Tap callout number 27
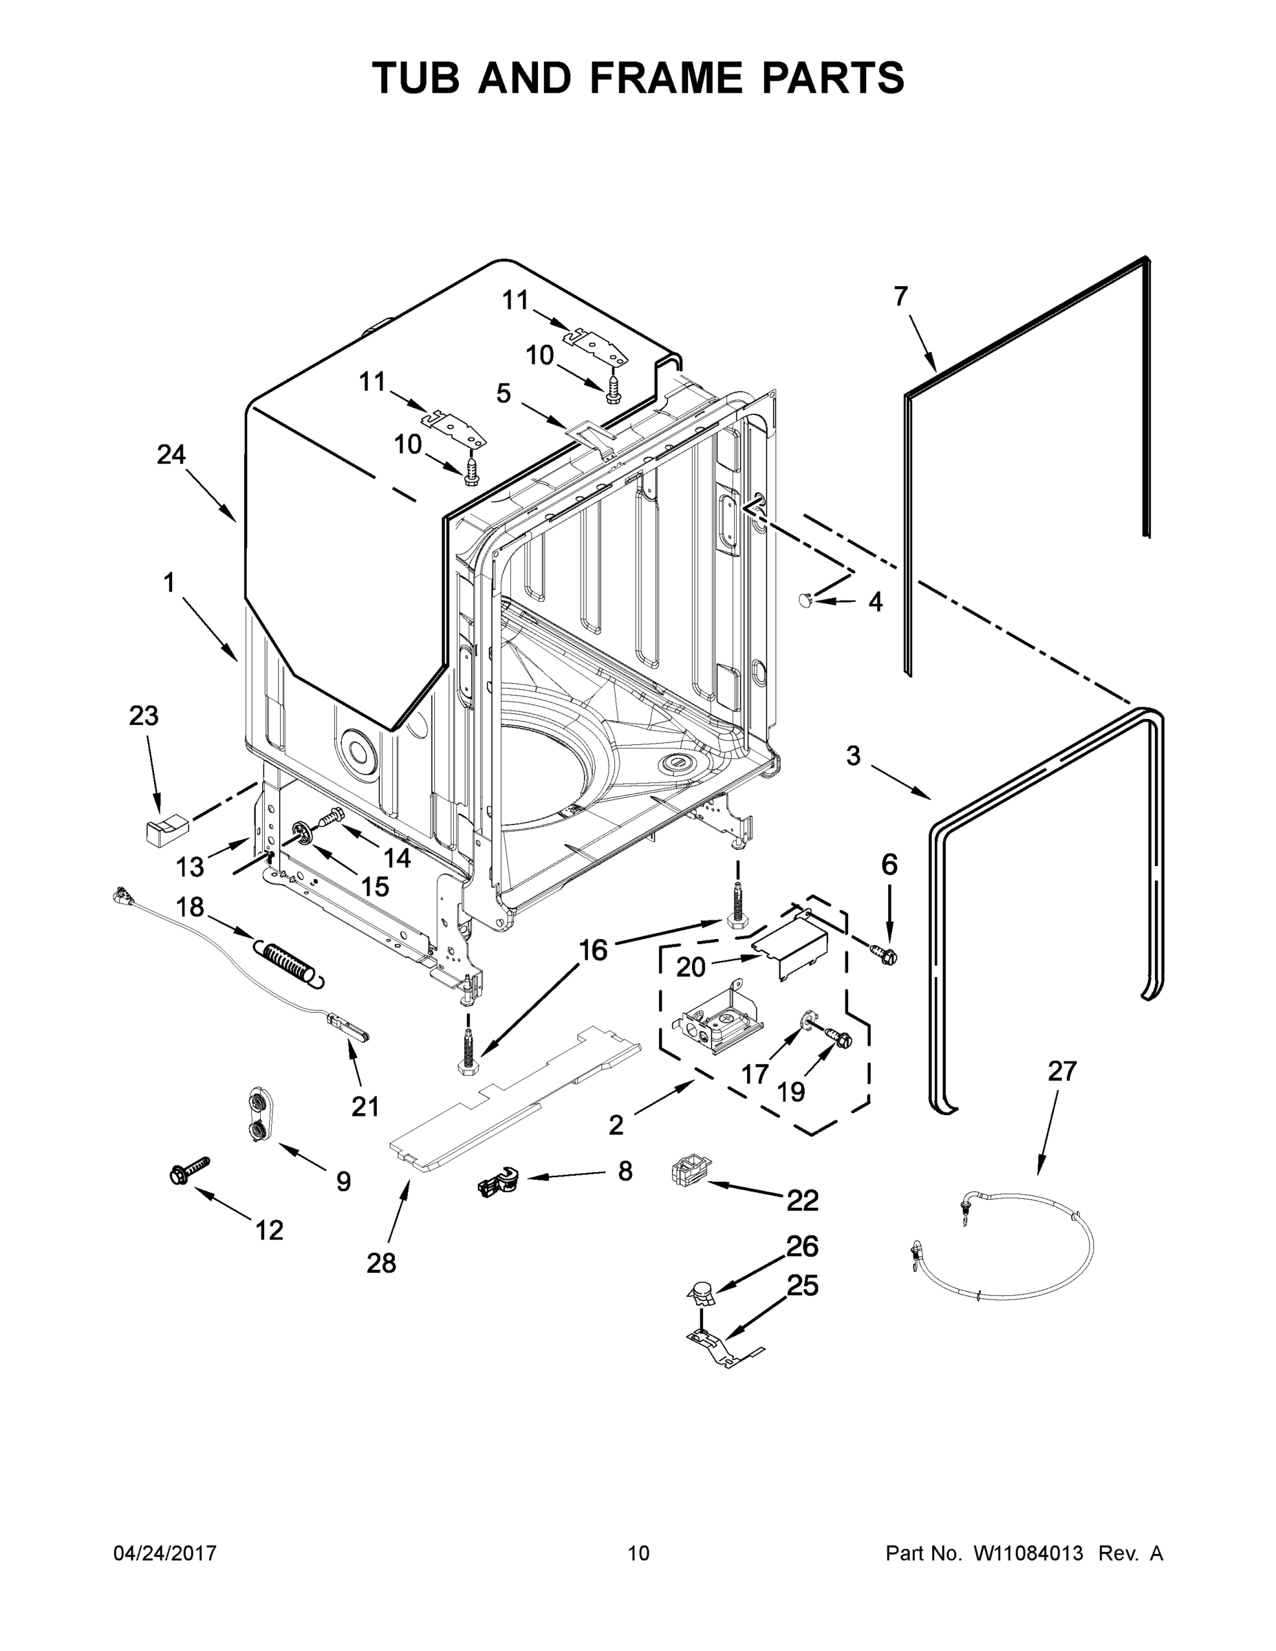click(1061, 1071)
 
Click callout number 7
click(900, 297)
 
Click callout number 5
click(504, 393)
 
